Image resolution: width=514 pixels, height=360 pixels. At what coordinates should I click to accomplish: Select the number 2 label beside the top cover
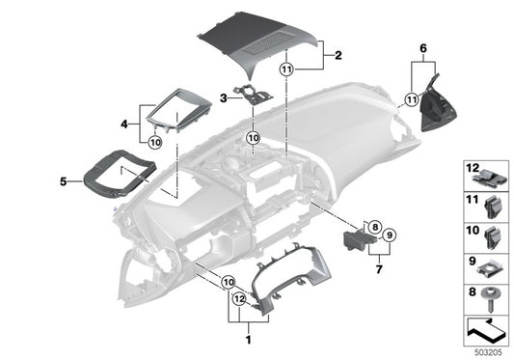coord(338,56)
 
